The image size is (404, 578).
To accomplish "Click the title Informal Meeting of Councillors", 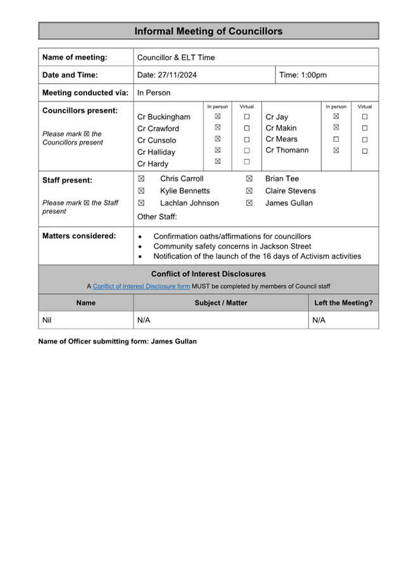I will click(x=208, y=31).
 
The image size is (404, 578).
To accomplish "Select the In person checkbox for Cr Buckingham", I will click(x=217, y=117).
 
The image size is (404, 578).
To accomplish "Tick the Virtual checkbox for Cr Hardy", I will click(x=247, y=162).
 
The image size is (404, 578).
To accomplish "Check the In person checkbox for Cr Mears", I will click(x=336, y=139).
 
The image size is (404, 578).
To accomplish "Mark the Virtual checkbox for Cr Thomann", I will click(x=365, y=151).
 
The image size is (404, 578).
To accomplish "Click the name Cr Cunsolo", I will click(x=156, y=140).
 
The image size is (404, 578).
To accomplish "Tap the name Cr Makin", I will click(x=281, y=128).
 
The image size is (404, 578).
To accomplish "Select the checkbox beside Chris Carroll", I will click(x=141, y=179).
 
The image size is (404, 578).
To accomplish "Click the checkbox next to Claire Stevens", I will click(x=249, y=191).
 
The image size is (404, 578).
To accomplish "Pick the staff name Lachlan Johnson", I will click(x=189, y=203).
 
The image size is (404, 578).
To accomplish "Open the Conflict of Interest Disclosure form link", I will click(x=141, y=286).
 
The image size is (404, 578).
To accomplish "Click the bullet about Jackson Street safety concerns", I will click(x=232, y=246).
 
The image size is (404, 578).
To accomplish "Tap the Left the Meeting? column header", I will click(x=343, y=303).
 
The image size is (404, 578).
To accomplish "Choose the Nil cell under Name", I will click(x=47, y=320).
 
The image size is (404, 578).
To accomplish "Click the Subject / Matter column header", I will click(x=221, y=303).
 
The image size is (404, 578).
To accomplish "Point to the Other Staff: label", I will click(x=157, y=217).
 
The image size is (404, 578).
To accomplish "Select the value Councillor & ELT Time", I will click(x=176, y=57).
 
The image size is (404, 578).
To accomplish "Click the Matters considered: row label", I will click(x=79, y=236).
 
